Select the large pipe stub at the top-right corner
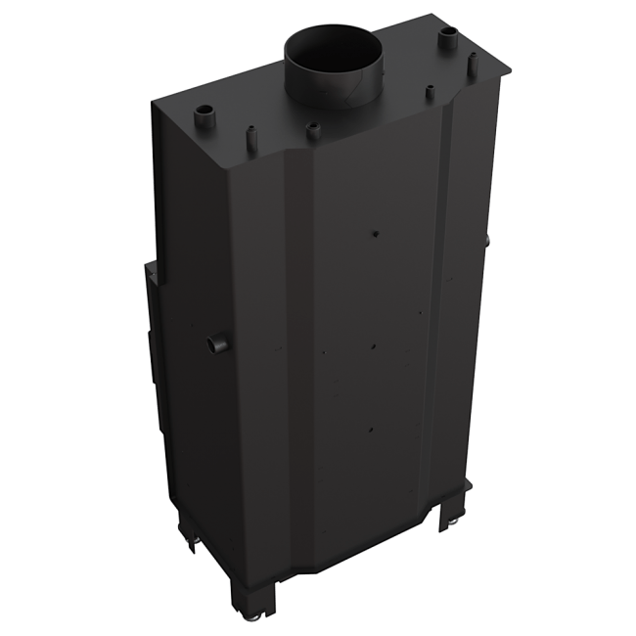point(448,38)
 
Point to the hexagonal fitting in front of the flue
point(312,126)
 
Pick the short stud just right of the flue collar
point(429,92)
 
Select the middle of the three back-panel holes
point(374,343)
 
